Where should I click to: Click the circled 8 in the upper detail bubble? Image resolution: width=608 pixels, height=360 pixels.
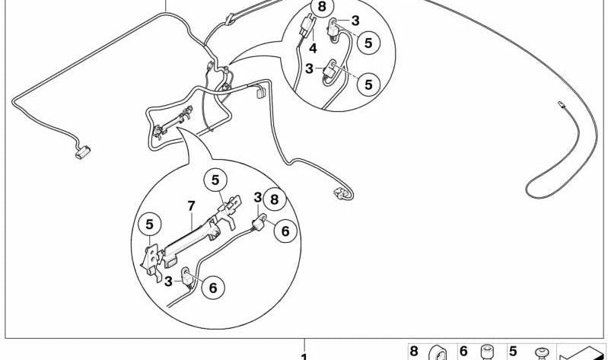pyautogui.click(x=322, y=8)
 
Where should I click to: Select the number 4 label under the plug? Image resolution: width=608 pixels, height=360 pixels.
pyautogui.click(x=313, y=49)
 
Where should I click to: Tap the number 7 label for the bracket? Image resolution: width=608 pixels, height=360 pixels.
pyautogui.click(x=191, y=206)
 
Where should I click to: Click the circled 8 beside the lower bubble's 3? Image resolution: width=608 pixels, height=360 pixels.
pyautogui.click(x=275, y=199)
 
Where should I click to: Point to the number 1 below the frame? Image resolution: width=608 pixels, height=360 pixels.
pyautogui.click(x=304, y=356)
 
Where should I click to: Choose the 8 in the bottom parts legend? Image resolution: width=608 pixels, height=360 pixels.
pyautogui.click(x=414, y=352)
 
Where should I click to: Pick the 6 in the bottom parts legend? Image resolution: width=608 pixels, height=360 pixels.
pyautogui.click(x=463, y=352)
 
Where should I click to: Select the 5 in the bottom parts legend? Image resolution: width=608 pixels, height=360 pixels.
pyautogui.click(x=513, y=352)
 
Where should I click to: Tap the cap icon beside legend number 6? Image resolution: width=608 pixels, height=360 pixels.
pyautogui.click(x=487, y=352)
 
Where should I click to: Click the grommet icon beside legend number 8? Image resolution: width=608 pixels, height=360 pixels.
pyautogui.click(x=438, y=352)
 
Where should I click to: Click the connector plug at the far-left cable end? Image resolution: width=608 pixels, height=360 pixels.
pyautogui.click(x=83, y=152)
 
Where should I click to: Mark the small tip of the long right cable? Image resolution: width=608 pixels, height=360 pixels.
pyautogui.click(x=561, y=104)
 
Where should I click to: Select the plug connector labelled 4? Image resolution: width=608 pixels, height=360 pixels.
pyautogui.click(x=307, y=27)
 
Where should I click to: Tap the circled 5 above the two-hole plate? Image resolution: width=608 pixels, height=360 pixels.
pyautogui.click(x=149, y=225)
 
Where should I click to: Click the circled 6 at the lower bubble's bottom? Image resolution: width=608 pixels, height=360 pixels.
pyautogui.click(x=213, y=288)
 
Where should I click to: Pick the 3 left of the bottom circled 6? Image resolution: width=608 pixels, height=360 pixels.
pyautogui.click(x=168, y=282)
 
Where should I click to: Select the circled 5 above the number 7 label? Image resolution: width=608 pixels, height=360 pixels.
pyautogui.click(x=215, y=180)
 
